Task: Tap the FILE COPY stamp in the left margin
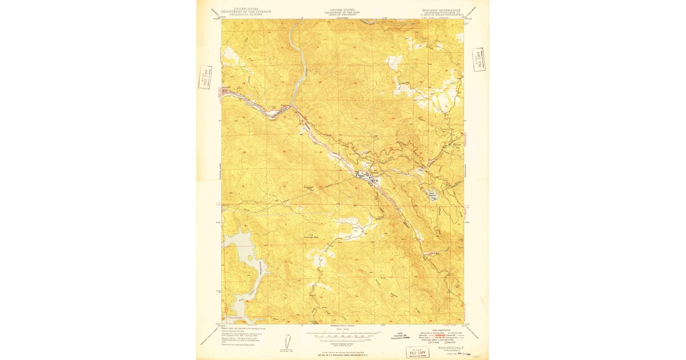[x=205, y=77]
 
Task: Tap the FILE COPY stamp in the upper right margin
[x=478, y=59]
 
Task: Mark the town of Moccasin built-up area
[x=366, y=177]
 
